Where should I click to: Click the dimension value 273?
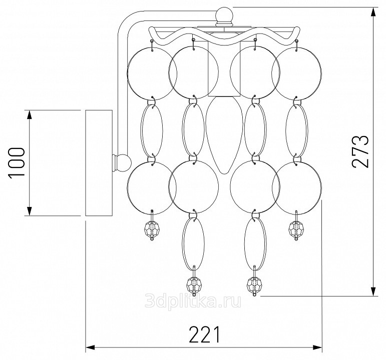pos(361,151)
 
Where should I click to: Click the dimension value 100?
pos(17,162)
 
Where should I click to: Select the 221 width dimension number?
pos(204,334)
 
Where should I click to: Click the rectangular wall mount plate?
pos(99,163)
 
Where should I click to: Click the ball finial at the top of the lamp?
pos(224,15)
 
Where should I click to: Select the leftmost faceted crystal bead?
pos(152,228)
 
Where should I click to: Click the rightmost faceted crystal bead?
pos(296,228)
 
